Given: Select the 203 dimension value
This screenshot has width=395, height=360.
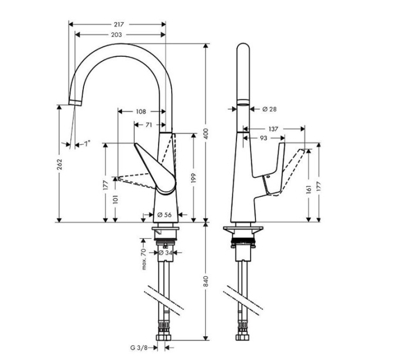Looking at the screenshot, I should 117,35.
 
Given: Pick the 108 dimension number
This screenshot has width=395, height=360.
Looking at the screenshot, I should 141,111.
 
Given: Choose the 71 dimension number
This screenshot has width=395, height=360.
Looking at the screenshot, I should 149,125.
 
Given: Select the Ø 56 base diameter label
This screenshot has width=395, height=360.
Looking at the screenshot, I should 164,215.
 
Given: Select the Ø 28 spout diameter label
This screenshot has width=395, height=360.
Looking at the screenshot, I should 269,109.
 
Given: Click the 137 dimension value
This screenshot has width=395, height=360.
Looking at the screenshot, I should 273,129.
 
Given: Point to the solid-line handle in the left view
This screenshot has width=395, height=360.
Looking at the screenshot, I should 156,171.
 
